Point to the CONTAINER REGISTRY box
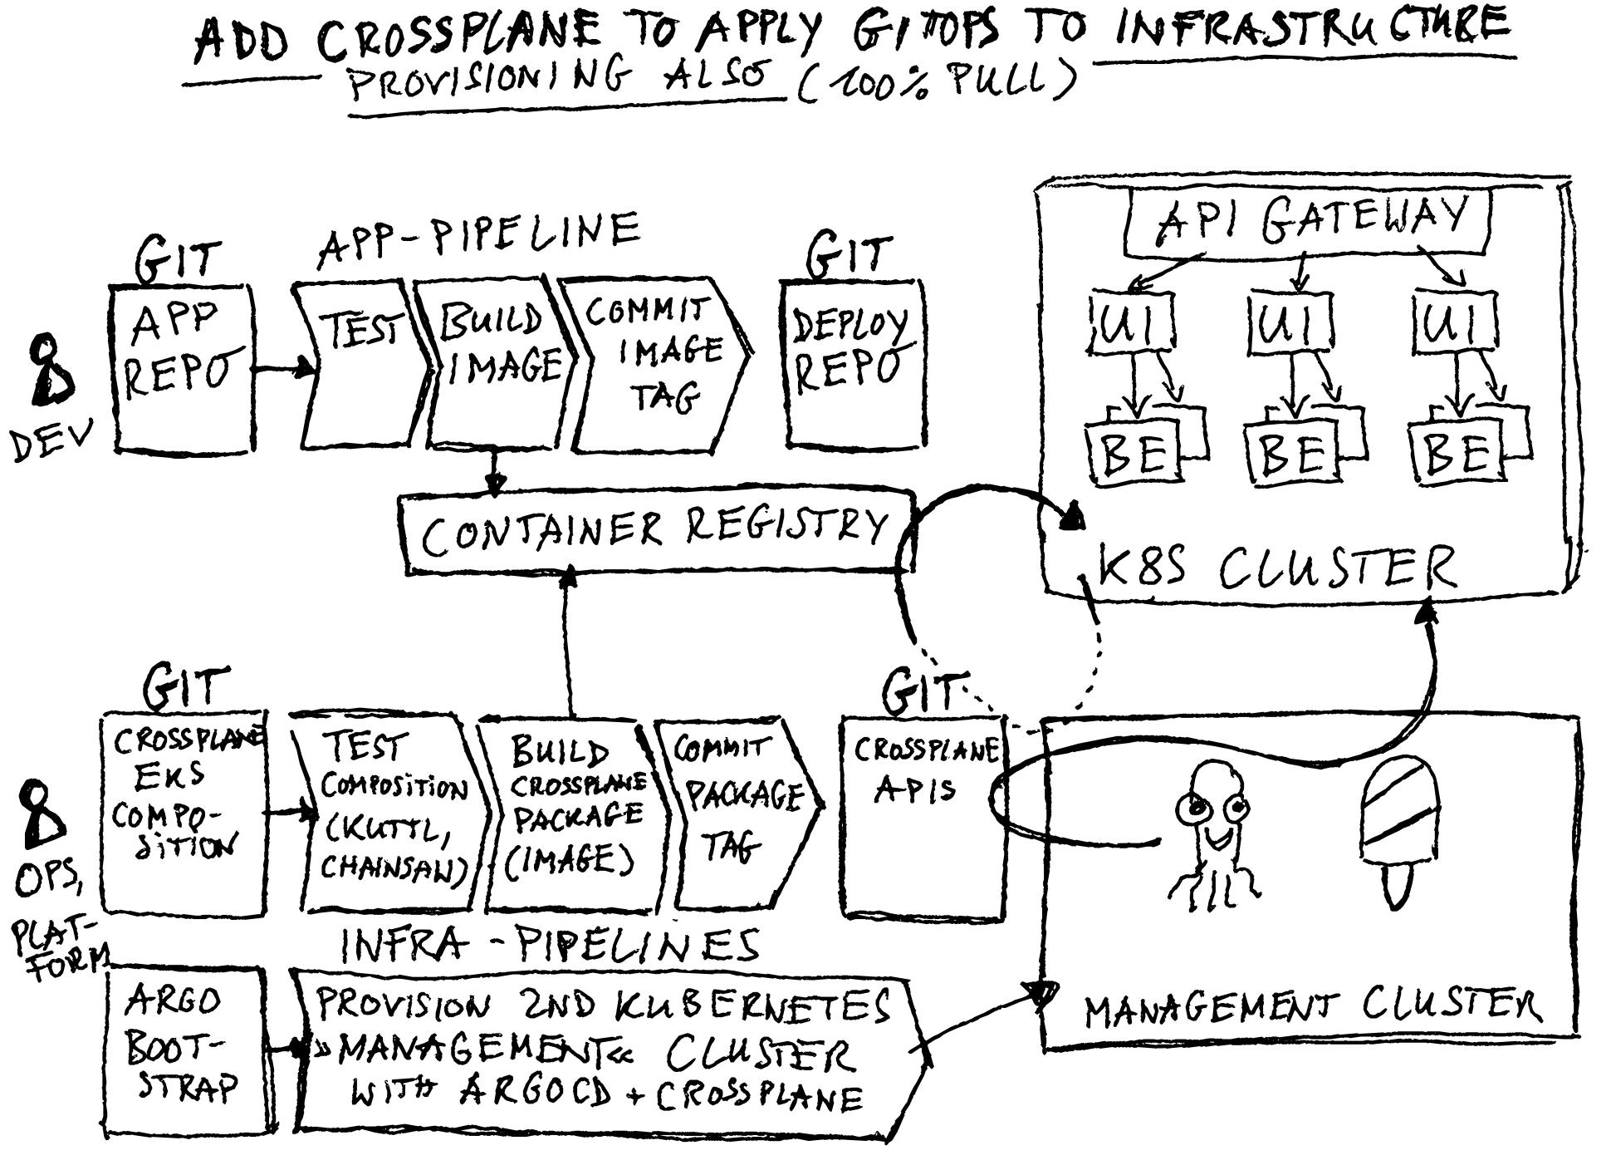click(x=656, y=532)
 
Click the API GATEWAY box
click(x=1307, y=221)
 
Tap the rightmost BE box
click(x=1457, y=453)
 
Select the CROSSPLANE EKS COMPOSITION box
click(x=183, y=810)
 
